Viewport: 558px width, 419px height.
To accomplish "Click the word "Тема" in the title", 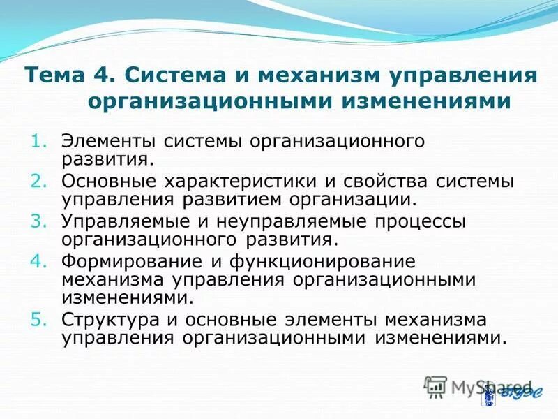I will pos(50,75).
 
